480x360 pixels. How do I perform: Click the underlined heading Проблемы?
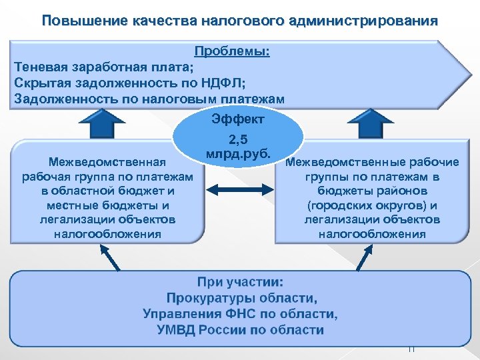(x=232, y=52)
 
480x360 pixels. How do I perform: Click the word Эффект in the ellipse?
(x=237, y=119)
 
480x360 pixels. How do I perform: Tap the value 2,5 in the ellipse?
(x=238, y=141)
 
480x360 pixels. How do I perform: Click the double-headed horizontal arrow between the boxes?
(x=238, y=191)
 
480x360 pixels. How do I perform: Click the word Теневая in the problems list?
(x=39, y=67)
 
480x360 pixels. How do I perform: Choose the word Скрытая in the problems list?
(x=40, y=83)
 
